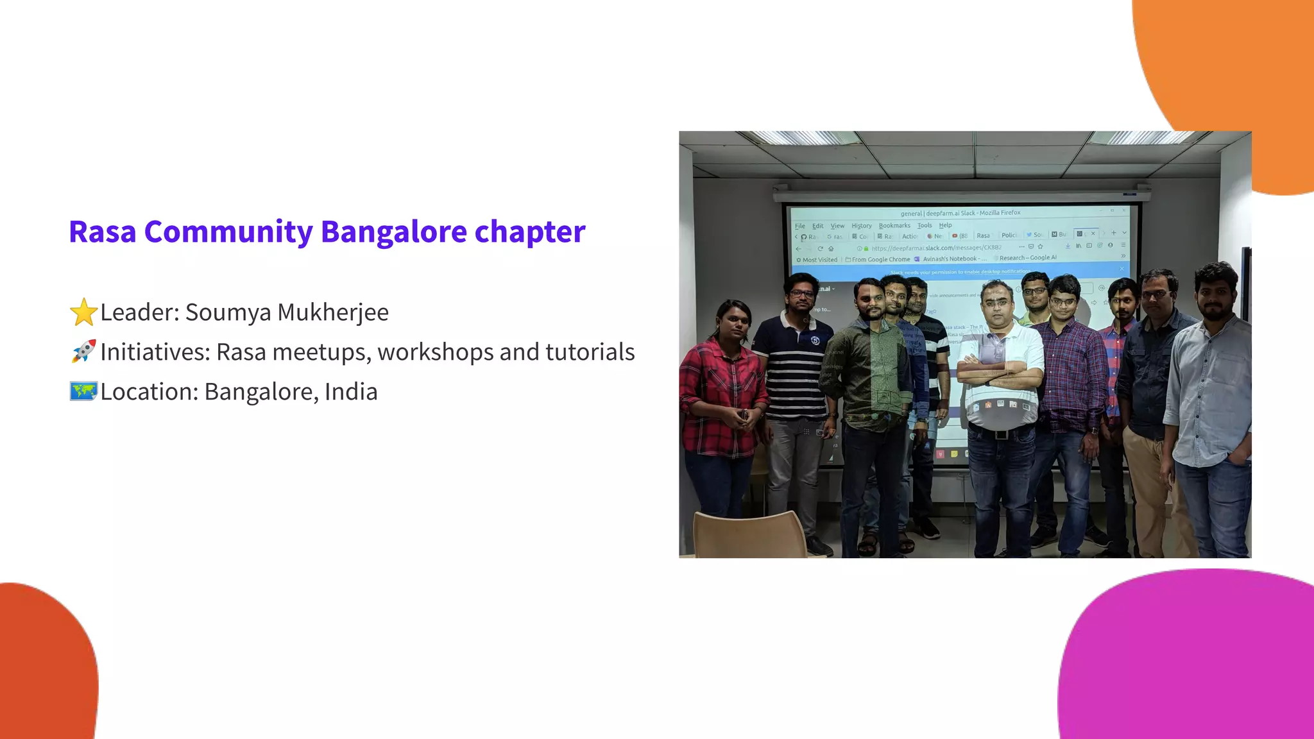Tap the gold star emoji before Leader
(x=83, y=312)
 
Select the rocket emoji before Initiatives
(x=83, y=352)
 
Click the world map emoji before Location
(x=83, y=391)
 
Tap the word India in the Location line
(x=351, y=392)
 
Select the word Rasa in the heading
(x=102, y=232)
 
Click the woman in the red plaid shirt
(x=722, y=398)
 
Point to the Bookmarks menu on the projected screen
(x=894, y=225)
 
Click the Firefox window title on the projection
(x=960, y=213)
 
